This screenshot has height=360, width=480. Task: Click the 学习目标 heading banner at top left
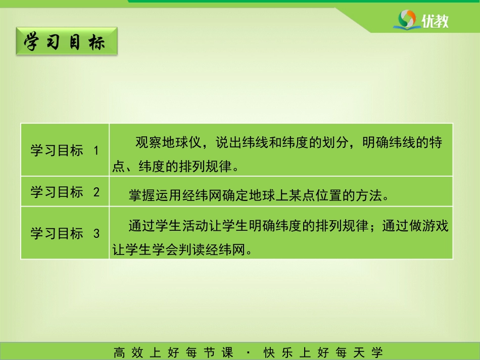[67, 41]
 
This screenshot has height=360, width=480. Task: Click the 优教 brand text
[435, 21]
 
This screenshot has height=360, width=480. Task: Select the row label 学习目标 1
[65, 150]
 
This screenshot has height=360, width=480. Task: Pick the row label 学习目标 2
[65, 192]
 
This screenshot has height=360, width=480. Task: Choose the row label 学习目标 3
[65, 233]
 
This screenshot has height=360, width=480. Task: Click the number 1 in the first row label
[96, 150]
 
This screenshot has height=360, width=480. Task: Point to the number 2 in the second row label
[97, 192]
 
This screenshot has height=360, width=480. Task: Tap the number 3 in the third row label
[97, 234]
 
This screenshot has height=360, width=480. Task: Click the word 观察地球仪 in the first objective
[168, 142]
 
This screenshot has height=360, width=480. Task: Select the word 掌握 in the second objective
[142, 195]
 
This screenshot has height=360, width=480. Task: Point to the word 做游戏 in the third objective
[428, 226]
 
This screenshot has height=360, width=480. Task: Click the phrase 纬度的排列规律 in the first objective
[185, 167]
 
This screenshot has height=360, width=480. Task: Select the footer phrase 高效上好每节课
[173, 352]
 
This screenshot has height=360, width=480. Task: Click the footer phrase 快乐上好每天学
[323, 352]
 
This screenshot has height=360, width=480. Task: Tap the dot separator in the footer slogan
[248, 352]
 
